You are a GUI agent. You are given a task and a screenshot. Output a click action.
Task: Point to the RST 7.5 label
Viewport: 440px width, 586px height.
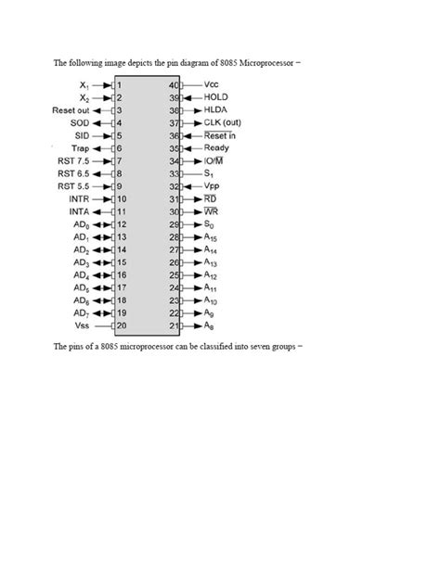pos(74,160)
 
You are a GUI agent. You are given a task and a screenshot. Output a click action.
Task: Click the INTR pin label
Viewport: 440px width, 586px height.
pos(79,198)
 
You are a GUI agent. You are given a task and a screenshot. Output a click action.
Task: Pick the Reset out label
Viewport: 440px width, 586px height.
pos(71,109)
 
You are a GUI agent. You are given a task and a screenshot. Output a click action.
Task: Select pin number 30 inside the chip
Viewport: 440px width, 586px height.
pos(173,211)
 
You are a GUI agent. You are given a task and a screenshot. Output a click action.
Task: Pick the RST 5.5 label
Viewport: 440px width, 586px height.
pos(74,185)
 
